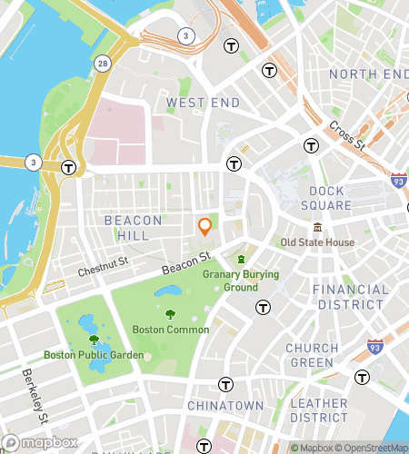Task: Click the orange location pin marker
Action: point(205,226)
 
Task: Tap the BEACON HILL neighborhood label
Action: point(134,228)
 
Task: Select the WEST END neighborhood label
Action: point(202,104)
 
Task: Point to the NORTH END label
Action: point(364,74)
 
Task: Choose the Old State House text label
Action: point(317,242)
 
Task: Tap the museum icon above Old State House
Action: point(318,227)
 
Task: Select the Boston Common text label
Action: point(170,330)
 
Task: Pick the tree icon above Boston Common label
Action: point(170,314)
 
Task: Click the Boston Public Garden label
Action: point(94,355)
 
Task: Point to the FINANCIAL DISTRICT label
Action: point(350,297)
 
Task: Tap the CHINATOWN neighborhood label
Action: point(224,405)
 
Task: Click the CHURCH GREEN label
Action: point(312,355)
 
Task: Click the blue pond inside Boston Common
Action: point(168,292)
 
